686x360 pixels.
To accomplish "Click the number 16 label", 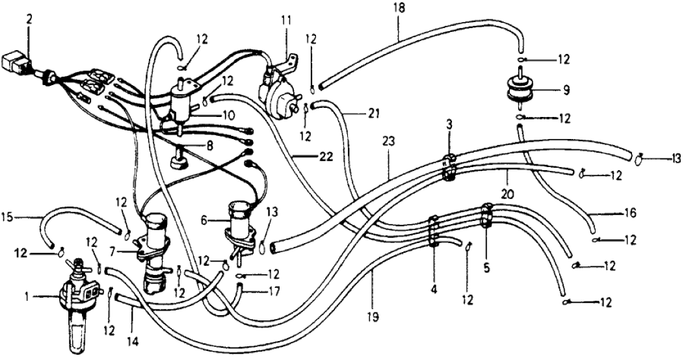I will click(612, 212).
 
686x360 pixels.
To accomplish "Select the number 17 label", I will click(273, 292).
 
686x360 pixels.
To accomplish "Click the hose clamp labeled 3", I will click(448, 166).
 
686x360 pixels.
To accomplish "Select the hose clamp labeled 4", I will click(434, 231).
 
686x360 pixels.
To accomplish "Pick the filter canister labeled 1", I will click(78, 305).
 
